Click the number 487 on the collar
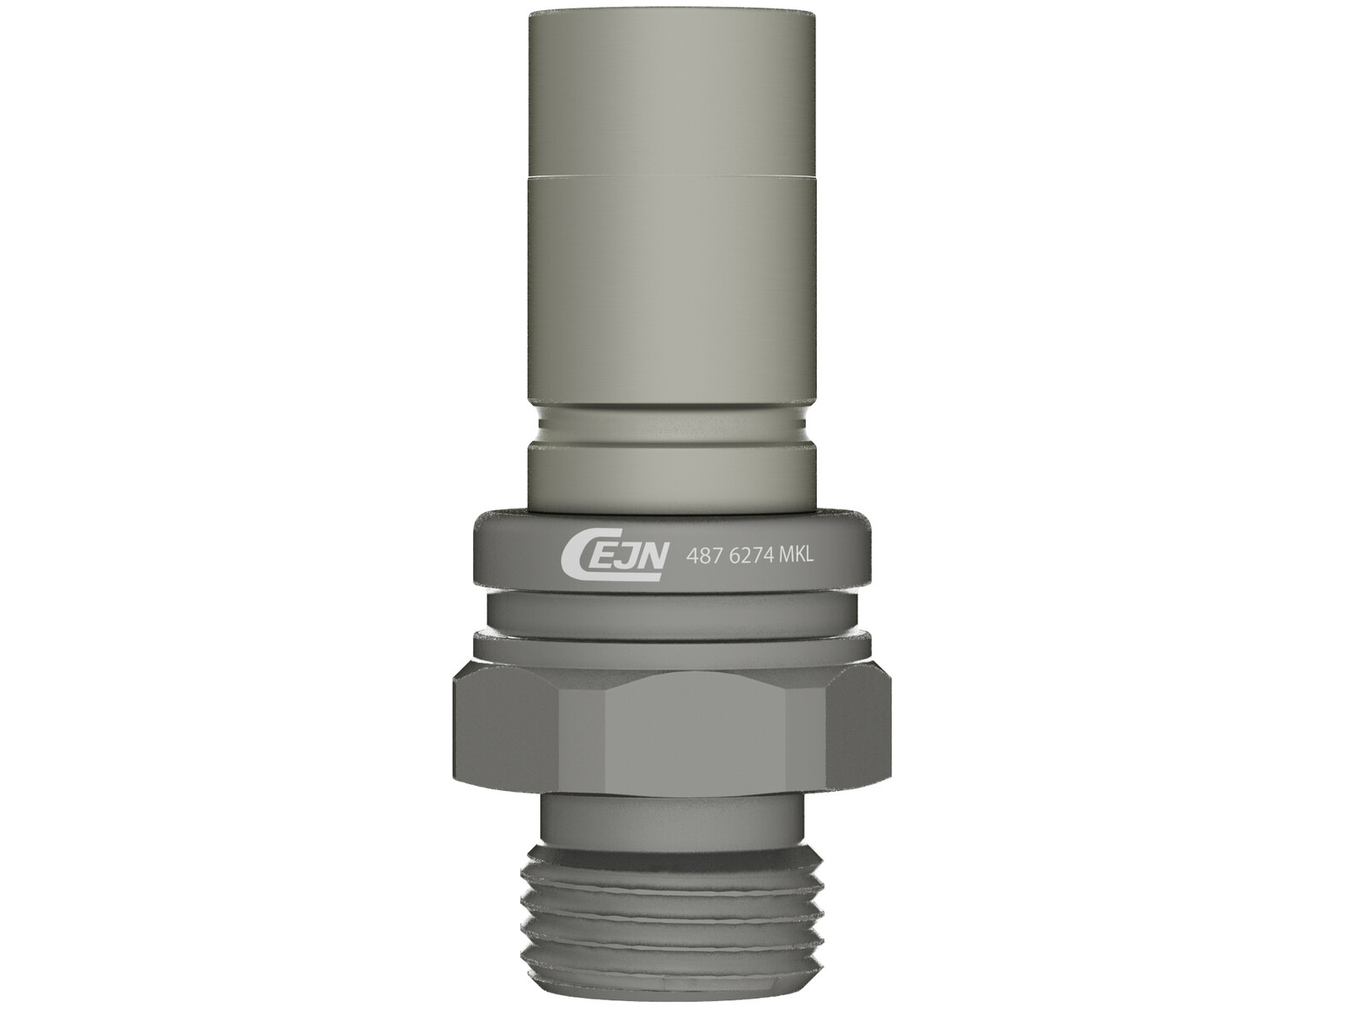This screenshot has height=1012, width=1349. point(700,556)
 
